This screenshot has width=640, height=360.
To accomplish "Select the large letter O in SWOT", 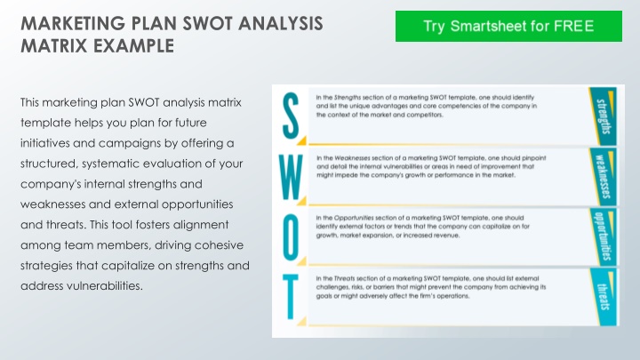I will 291,236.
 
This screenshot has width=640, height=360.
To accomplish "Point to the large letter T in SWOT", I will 291,298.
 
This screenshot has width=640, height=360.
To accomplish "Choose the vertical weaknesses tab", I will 603,176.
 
